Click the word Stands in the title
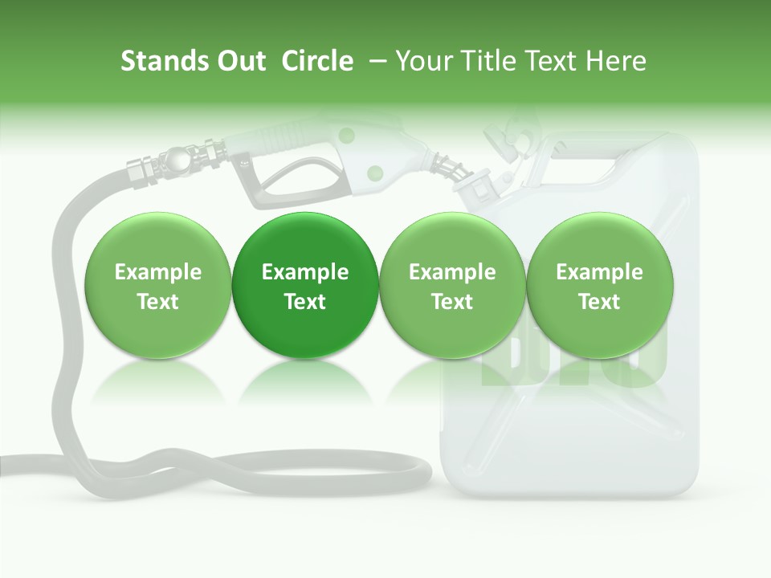(x=157, y=61)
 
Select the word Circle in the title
(x=317, y=61)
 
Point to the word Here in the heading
(x=615, y=61)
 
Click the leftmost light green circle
(x=157, y=285)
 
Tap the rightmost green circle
(x=599, y=285)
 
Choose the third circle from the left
(x=452, y=285)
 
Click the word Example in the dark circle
(x=305, y=272)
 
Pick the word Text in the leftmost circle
(x=157, y=302)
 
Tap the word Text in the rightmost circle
(x=599, y=302)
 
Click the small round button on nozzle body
(x=374, y=172)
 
